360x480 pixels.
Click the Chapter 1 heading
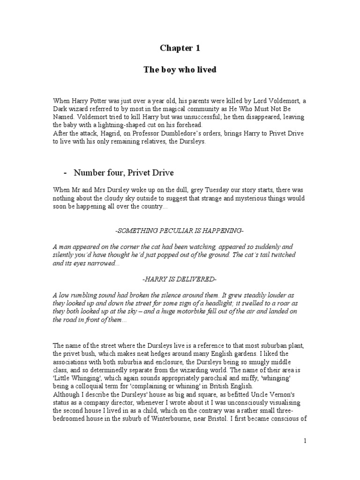(x=176, y=48)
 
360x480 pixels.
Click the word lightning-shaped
(x=105, y=125)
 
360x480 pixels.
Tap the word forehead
(x=189, y=125)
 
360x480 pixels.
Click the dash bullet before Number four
(x=65, y=173)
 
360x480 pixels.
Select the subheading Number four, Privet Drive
(x=124, y=173)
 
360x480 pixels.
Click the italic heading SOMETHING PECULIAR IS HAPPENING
(x=179, y=232)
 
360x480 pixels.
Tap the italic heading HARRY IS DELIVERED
(x=179, y=279)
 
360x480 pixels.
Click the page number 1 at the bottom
(x=305, y=441)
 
